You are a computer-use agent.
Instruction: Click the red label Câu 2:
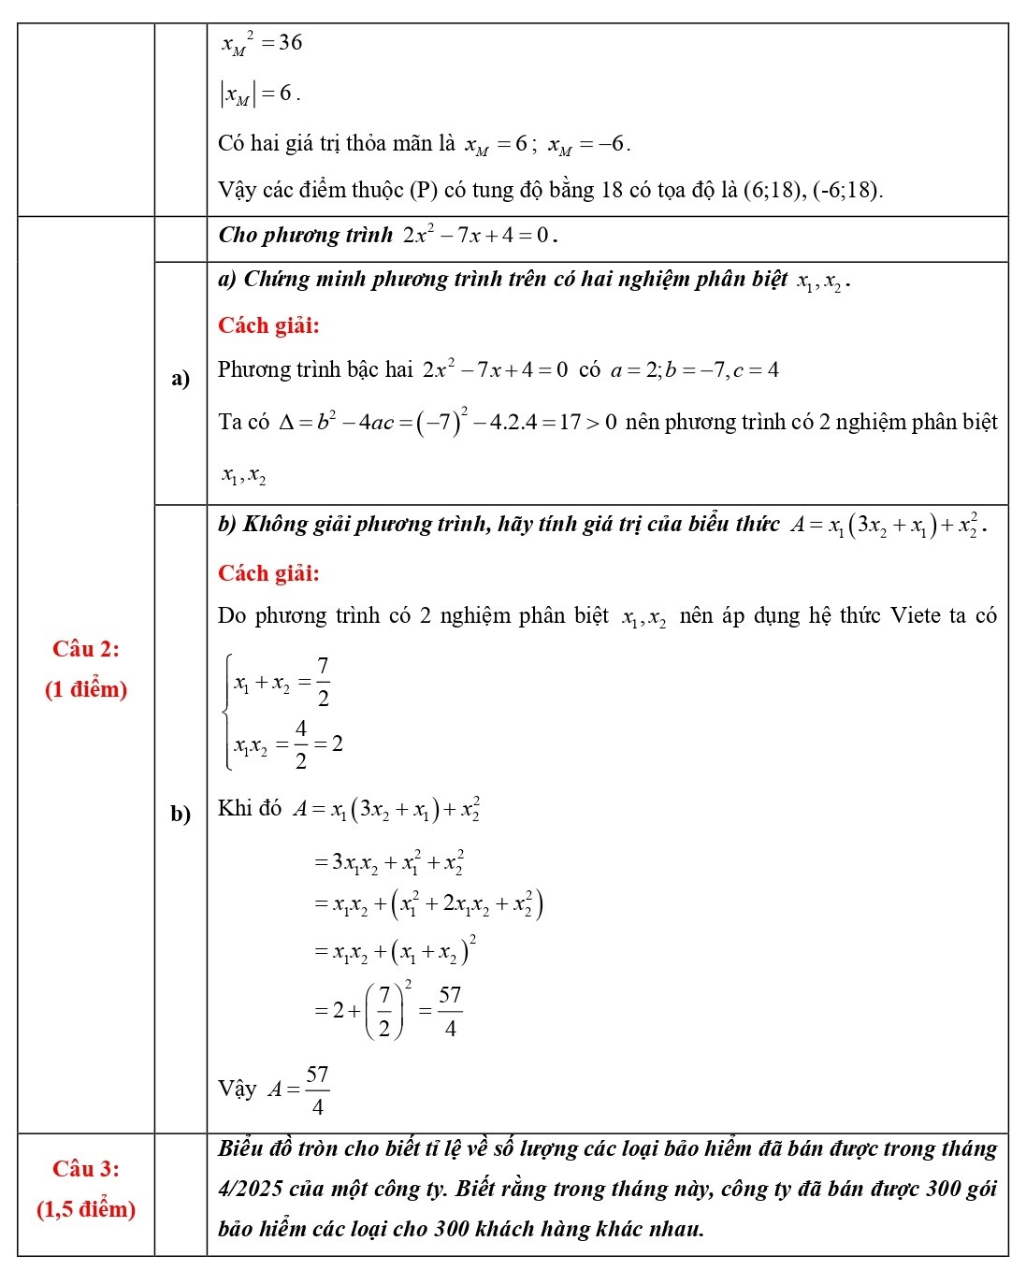[x=86, y=648]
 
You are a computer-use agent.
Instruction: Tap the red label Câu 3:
[x=86, y=1168]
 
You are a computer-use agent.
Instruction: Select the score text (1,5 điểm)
[x=86, y=1209]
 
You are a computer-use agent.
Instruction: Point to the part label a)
[x=181, y=378]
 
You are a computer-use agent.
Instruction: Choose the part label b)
[x=181, y=814]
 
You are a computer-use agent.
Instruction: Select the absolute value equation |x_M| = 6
[x=259, y=94]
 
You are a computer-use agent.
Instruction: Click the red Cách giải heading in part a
[x=268, y=325]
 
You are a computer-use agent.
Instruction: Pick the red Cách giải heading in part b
[x=268, y=573]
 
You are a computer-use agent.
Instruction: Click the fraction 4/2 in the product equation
[x=301, y=744]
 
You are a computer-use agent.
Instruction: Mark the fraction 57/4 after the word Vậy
[x=317, y=1090]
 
